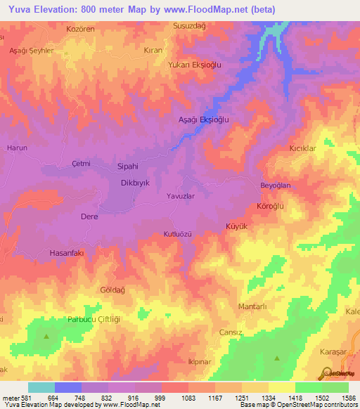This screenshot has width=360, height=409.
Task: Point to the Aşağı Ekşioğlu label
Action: click(x=203, y=120)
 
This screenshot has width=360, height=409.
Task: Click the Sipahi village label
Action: click(x=127, y=168)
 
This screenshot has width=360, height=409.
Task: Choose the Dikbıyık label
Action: click(x=136, y=183)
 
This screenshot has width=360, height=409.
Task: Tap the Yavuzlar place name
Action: click(x=180, y=197)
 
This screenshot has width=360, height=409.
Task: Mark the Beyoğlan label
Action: click(x=276, y=186)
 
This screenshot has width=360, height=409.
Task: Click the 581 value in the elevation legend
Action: click(x=21, y=398)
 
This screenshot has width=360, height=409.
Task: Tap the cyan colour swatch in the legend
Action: click(x=41, y=387)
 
